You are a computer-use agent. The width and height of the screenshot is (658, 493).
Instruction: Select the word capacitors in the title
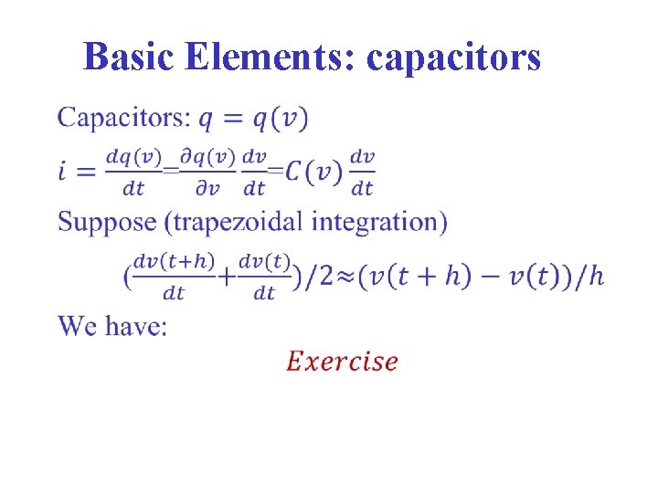(453, 58)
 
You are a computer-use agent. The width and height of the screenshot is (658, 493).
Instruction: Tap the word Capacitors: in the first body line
(124, 118)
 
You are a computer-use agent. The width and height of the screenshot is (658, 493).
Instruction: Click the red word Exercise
(342, 362)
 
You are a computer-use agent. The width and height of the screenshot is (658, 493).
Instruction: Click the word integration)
(383, 222)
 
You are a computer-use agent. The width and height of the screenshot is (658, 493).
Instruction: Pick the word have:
(136, 326)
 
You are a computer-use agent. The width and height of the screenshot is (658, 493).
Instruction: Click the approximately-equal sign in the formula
(345, 277)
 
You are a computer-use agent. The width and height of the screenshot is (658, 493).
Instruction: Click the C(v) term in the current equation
(312, 171)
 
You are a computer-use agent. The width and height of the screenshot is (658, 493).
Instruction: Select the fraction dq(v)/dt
(133, 172)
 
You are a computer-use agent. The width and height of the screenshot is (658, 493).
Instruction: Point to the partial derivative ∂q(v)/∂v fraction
(207, 172)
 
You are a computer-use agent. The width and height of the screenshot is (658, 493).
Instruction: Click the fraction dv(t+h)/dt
(174, 277)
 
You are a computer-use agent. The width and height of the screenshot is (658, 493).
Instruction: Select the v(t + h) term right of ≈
(419, 277)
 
